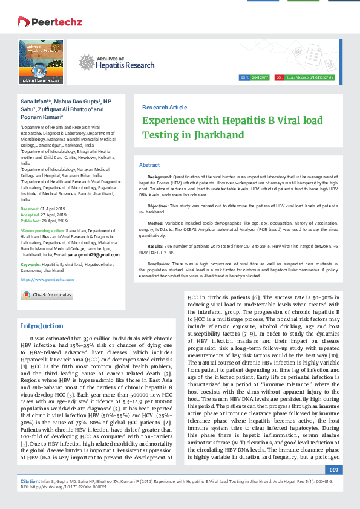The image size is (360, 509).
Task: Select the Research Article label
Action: coord(164,107)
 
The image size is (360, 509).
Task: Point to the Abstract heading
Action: coord(149,165)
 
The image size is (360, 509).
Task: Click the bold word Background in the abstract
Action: coord(160,176)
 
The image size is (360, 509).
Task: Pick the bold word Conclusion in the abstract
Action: coord(159,264)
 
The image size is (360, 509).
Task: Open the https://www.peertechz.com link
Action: coord(47,280)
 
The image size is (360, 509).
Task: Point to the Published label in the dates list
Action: coord(30,221)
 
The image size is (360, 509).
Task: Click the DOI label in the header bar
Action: coord(279,78)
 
